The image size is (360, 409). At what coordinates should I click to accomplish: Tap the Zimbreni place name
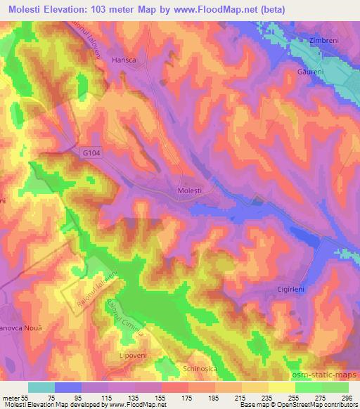[326, 41]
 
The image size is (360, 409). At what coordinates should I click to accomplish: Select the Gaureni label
[311, 72]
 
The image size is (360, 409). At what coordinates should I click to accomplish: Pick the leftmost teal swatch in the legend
[41, 387]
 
